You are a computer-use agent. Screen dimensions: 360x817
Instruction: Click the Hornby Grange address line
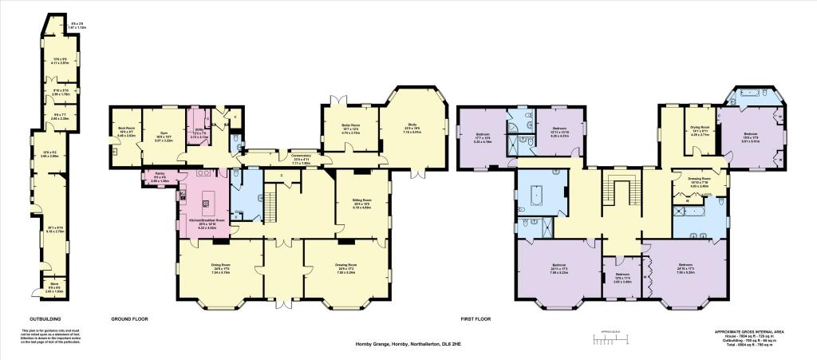tap(408, 345)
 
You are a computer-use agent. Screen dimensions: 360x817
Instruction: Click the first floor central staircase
tap(620, 192)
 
